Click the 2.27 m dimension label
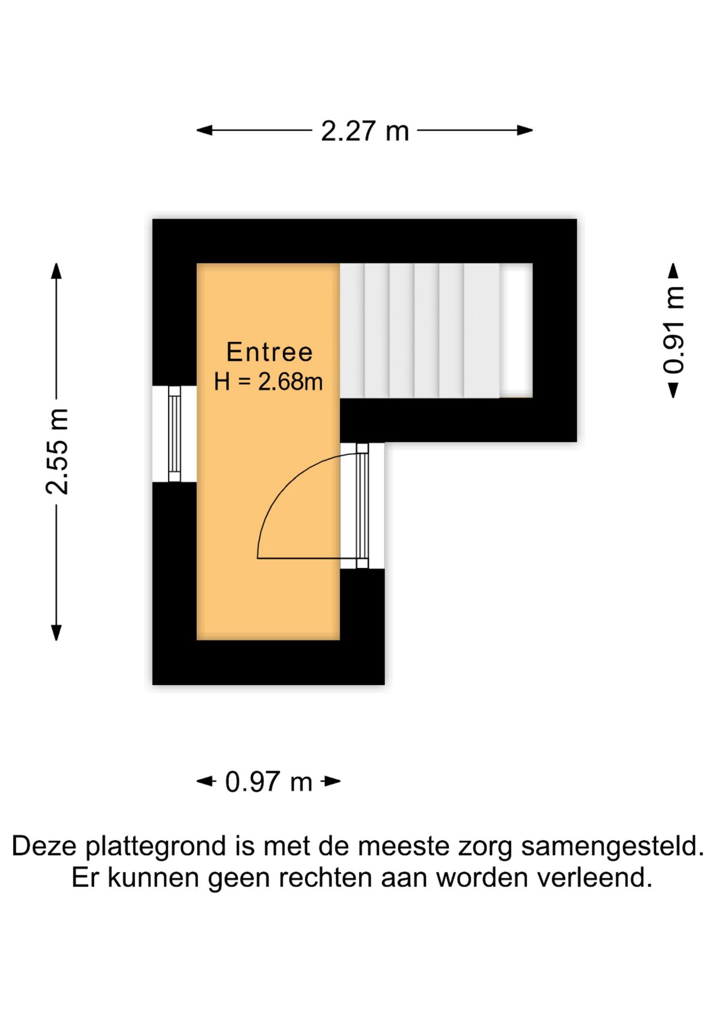[x=365, y=131]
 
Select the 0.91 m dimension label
[x=674, y=330]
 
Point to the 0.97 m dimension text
[x=268, y=781]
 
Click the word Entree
[x=269, y=352]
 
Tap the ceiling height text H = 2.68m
[x=268, y=381]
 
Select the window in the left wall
[x=175, y=434]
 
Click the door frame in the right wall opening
[x=362, y=505]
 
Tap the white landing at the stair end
[x=516, y=330]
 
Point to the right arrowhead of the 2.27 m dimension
[x=525, y=130]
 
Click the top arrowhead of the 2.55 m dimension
[x=56, y=271]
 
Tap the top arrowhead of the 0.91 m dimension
[x=673, y=270]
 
